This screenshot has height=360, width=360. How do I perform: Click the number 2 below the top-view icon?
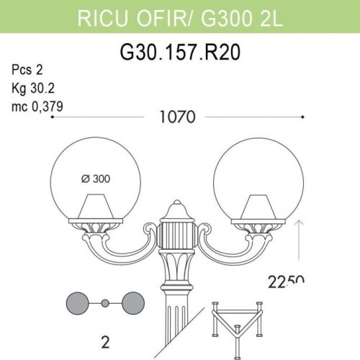coord(104,343)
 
